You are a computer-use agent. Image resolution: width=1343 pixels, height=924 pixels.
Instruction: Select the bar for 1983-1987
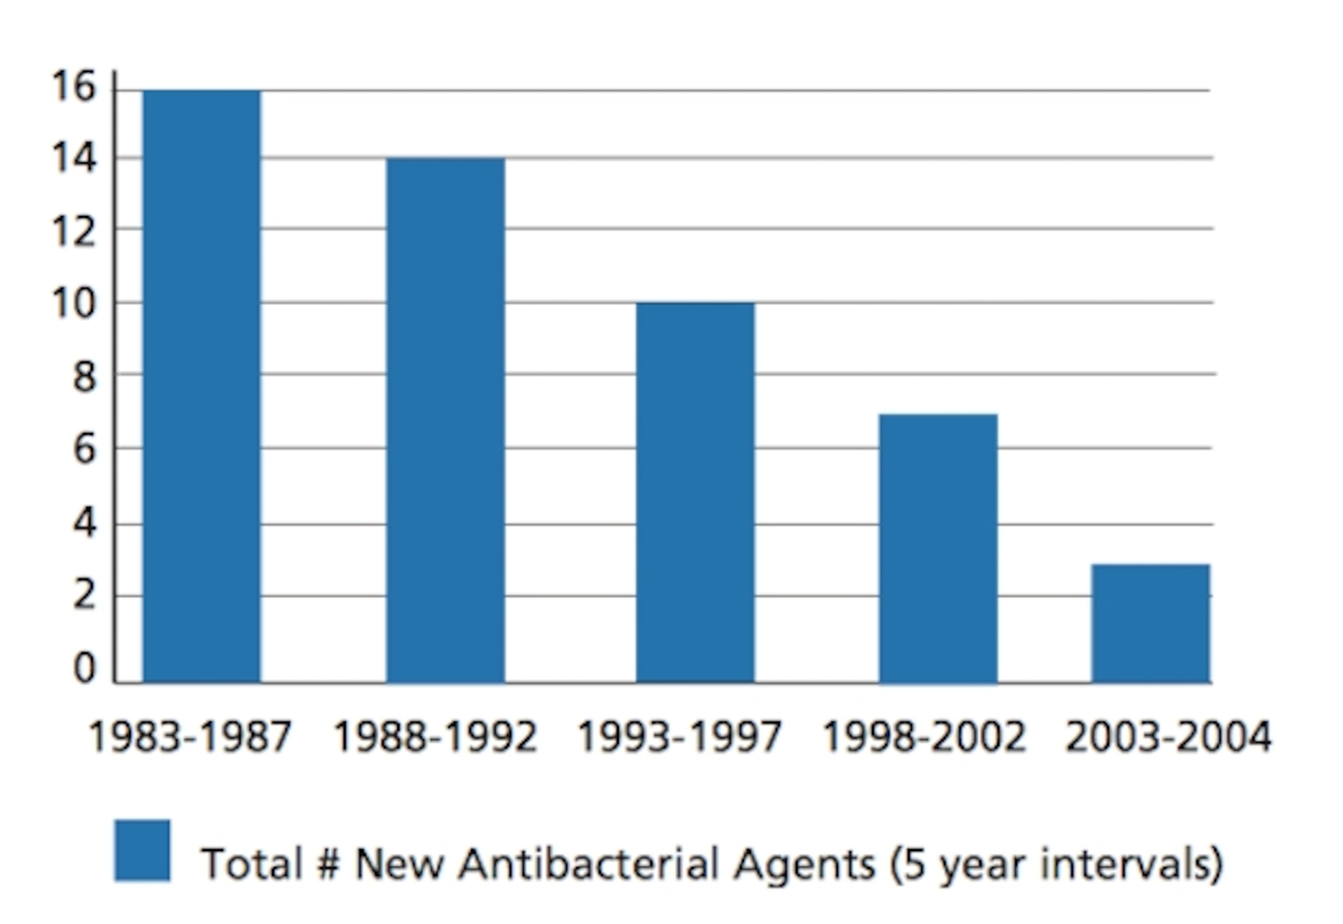pyautogui.click(x=202, y=387)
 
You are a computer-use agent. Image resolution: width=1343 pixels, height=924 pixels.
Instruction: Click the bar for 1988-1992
pyautogui.click(x=445, y=420)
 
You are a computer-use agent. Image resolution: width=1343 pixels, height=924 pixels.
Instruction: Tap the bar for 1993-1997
pyautogui.click(x=695, y=493)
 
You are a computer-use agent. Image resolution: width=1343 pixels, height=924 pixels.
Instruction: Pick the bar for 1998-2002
pyautogui.click(x=938, y=548)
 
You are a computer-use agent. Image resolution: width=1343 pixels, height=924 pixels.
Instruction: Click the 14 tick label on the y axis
pyautogui.click(x=73, y=158)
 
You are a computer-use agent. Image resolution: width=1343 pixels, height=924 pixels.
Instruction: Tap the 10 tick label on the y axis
pyautogui.click(x=73, y=303)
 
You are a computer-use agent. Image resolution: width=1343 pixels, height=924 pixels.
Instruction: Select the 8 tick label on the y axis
pyautogui.click(x=84, y=377)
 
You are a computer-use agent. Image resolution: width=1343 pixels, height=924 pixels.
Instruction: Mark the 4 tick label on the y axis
pyautogui.click(x=84, y=524)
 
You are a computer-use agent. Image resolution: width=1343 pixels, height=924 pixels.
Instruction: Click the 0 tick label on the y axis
pyautogui.click(x=84, y=669)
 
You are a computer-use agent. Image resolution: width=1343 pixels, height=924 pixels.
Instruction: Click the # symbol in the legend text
pyautogui.click(x=328, y=864)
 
